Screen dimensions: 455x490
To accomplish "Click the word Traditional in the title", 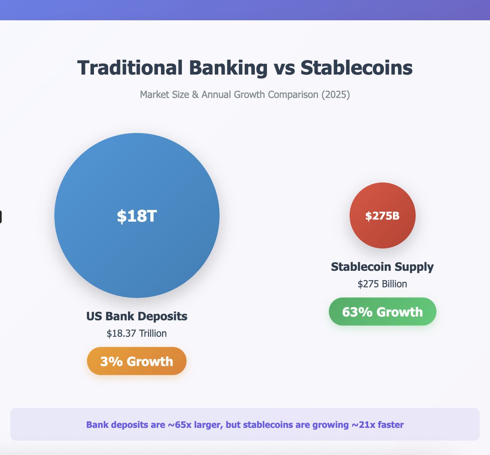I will [x=130, y=68].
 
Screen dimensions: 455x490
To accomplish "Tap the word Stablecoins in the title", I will [x=356, y=68].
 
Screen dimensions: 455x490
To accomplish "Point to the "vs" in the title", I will [x=284, y=68].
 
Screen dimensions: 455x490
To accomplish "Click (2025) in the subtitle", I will [x=336, y=95].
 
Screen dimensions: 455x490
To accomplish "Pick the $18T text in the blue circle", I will [x=137, y=216].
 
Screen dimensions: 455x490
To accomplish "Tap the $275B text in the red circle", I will [x=382, y=216].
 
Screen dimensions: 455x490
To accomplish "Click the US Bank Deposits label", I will [x=137, y=316].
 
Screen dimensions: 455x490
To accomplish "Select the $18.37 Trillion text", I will [x=137, y=334].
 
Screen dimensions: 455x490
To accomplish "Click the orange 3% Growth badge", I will [x=137, y=361].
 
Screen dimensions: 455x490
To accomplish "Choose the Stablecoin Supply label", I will [x=382, y=267].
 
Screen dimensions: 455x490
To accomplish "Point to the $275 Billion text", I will [x=382, y=284].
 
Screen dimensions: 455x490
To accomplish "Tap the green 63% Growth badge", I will [x=382, y=312].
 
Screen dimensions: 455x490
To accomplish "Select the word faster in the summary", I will [x=391, y=425].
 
